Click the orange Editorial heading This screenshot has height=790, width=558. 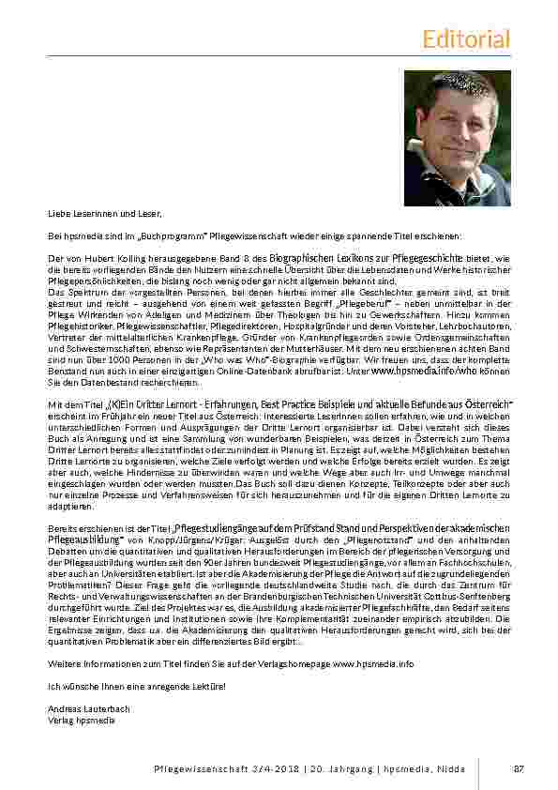(466, 38)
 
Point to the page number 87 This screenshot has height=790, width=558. (518, 768)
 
